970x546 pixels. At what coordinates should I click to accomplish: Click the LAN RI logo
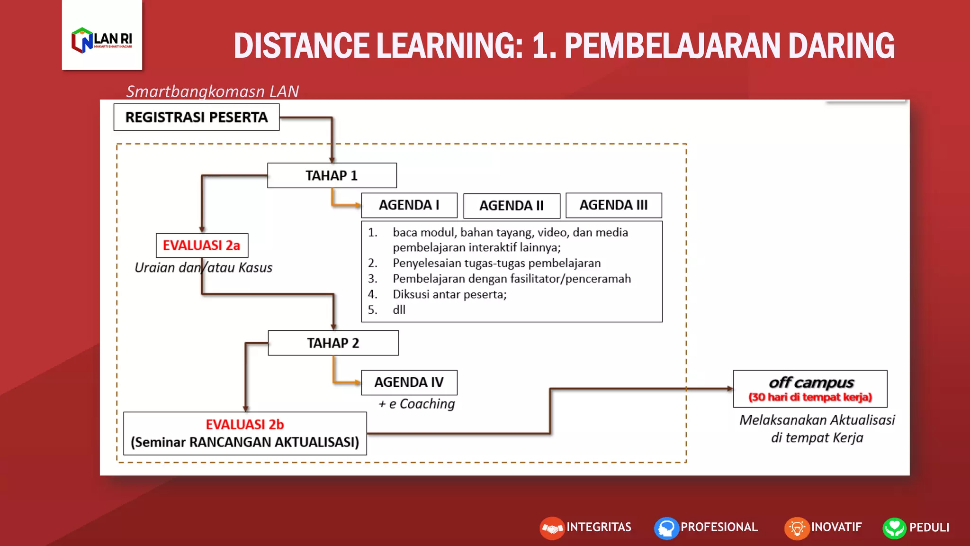point(102,40)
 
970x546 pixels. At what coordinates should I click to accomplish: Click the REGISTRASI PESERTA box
point(197,117)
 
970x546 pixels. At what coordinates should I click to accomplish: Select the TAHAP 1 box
point(332,175)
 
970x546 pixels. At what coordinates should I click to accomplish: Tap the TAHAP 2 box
point(333,343)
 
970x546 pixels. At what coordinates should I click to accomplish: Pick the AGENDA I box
point(409,205)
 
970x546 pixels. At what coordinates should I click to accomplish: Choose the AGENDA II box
point(512,206)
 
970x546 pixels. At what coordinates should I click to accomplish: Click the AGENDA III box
point(613,205)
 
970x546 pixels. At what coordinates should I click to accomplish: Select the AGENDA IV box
point(409,382)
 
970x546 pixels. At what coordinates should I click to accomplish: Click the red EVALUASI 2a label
point(202,245)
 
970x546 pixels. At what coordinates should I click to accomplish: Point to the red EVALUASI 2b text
point(244,424)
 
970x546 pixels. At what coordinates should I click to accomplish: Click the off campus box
point(810,389)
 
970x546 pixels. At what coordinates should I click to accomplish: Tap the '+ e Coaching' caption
point(416,404)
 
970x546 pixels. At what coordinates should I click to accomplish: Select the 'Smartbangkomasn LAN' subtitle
point(212,91)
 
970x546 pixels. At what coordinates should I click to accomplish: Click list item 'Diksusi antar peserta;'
point(449,294)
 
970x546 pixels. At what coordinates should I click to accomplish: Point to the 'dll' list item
point(399,310)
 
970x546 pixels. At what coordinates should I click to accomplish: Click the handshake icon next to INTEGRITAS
point(552,528)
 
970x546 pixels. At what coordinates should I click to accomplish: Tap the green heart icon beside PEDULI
point(894,528)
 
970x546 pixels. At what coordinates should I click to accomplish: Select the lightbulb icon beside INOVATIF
point(797,528)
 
